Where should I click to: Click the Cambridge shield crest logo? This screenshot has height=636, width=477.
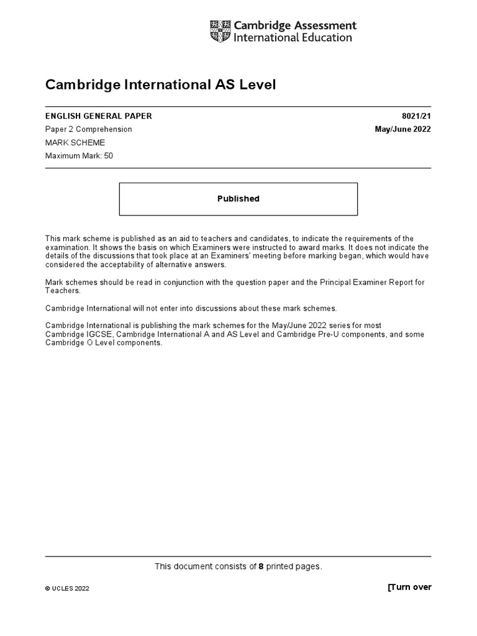[x=219, y=32]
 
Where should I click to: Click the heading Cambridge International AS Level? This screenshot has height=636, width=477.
[x=160, y=84]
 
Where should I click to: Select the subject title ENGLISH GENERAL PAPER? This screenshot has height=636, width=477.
[x=98, y=116]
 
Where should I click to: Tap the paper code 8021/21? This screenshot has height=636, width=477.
[x=418, y=116]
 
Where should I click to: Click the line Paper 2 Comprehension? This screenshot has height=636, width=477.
[x=88, y=129]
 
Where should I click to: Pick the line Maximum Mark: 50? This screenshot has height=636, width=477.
[x=79, y=155]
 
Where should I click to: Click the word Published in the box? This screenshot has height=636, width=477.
[x=238, y=199]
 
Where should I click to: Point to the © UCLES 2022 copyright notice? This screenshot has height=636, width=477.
[x=67, y=588]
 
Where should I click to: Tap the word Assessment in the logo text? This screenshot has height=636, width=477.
[x=325, y=25]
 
